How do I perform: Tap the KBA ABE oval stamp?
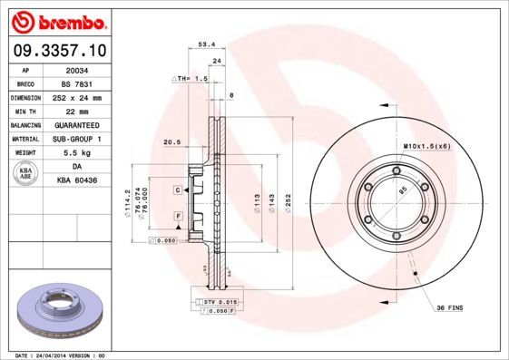25,174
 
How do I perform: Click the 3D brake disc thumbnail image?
63,313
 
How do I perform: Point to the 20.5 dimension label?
171,141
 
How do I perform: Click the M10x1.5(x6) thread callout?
426,146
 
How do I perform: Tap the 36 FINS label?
449,308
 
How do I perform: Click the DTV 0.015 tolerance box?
218,300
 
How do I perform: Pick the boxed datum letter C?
179,190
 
